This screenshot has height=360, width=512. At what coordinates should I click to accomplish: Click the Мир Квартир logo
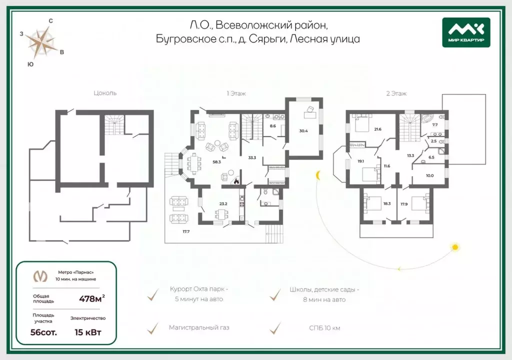466,32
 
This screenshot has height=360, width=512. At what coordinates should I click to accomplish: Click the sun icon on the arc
455,247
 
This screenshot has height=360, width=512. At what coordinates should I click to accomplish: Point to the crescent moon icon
317,175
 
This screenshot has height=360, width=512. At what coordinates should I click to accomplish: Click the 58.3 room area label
216,161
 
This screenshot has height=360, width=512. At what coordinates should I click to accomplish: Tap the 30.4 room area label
303,131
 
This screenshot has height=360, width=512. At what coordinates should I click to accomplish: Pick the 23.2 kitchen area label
223,204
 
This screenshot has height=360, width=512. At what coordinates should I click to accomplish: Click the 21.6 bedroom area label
378,129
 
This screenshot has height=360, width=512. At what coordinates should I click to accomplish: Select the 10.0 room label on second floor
429,176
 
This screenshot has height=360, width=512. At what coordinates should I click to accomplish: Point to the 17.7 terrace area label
186,231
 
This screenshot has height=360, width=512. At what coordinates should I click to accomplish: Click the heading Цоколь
105,93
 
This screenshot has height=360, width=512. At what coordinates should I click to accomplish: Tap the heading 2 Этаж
396,93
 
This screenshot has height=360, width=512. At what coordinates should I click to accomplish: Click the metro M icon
40,276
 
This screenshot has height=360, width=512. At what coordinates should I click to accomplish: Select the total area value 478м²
92,298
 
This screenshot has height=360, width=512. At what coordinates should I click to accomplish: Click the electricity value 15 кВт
88,332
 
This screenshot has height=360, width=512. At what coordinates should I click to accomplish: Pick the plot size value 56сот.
43,332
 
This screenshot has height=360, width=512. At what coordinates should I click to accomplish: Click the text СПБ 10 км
324,328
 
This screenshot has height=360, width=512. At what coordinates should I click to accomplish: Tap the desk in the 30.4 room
310,115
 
